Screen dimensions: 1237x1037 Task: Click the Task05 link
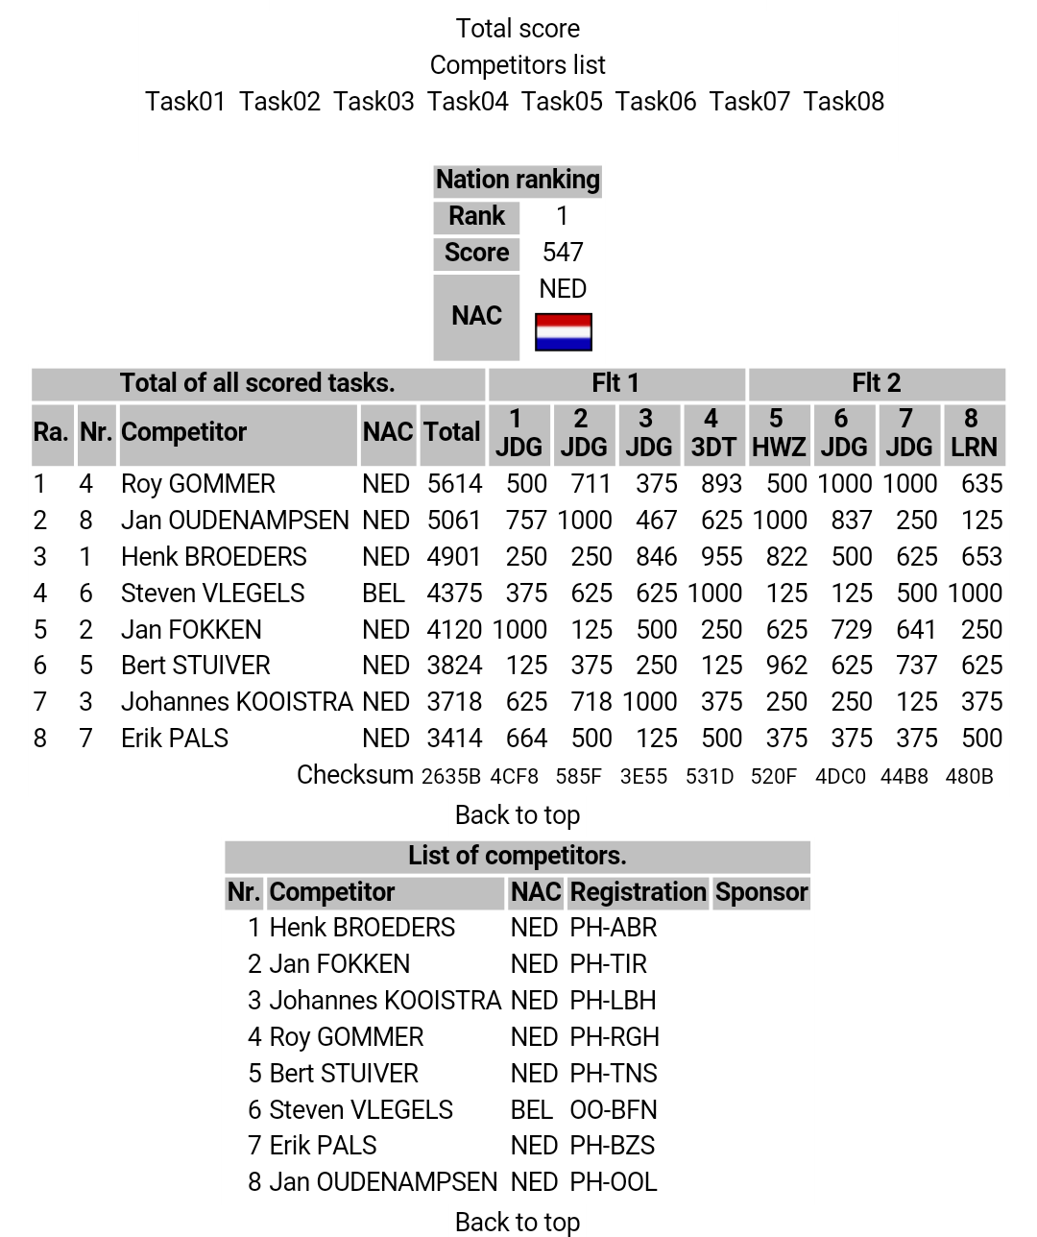[562, 101]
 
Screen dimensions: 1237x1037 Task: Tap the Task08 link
[843, 101]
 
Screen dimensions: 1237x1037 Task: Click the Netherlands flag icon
[563, 332]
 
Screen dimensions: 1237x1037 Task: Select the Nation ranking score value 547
[563, 253]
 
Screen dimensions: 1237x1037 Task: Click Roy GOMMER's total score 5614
[454, 484]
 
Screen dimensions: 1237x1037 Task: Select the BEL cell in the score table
[383, 594]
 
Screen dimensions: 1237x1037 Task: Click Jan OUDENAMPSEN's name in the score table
[234, 521]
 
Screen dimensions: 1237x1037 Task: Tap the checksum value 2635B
[451, 776]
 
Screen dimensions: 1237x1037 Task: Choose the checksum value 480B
[969, 776]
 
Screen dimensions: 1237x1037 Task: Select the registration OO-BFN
[614, 1110]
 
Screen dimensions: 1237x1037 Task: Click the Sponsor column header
[761, 892]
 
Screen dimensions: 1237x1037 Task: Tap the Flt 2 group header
[876, 383]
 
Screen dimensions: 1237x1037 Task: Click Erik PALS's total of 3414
[454, 739]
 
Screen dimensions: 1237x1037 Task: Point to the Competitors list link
[518, 65]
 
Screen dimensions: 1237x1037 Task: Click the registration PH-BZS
[612, 1146]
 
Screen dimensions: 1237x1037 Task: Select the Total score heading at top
[518, 29]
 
